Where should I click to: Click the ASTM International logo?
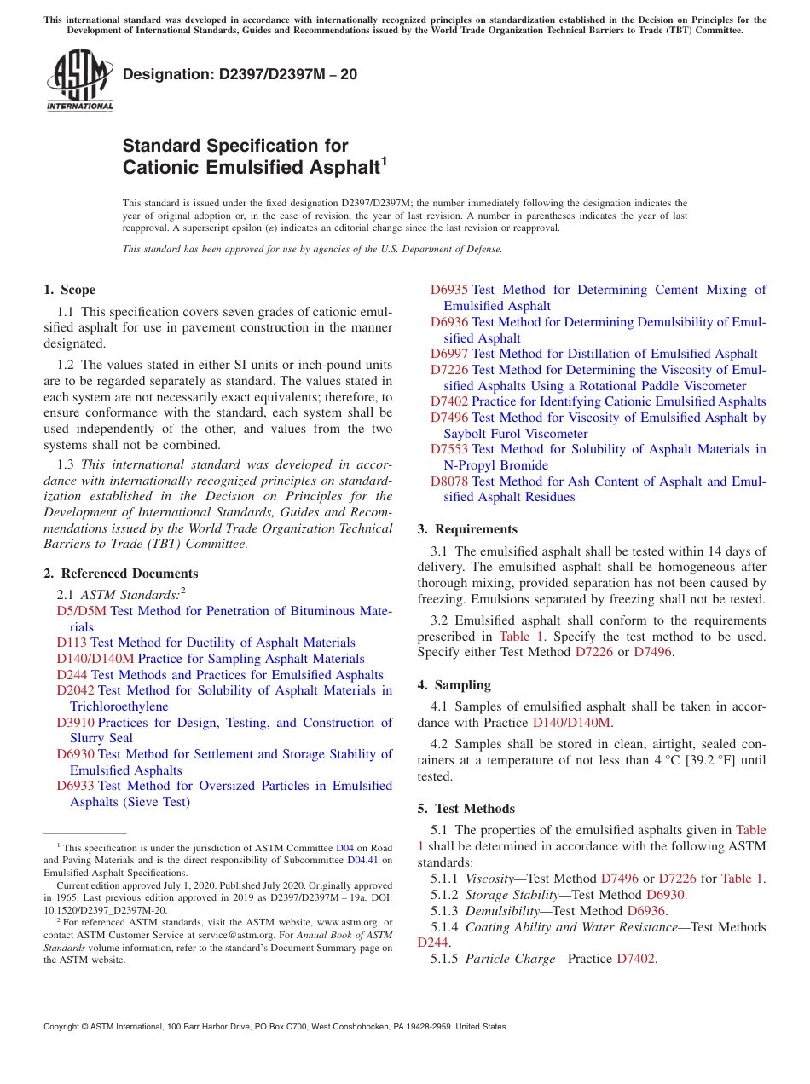[x=79, y=81]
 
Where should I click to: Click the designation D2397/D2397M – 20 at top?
[x=240, y=75]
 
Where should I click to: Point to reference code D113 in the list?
[x=72, y=643]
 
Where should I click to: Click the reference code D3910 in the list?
[x=75, y=723]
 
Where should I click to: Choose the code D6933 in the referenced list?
[x=75, y=786]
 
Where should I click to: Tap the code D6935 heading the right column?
[x=448, y=290]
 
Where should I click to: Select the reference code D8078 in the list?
[x=448, y=481]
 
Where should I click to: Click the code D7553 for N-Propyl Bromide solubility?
[x=448, y=449]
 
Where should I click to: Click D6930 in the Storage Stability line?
[x=665, y=895]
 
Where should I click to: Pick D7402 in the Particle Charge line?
[x=635, y=959]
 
